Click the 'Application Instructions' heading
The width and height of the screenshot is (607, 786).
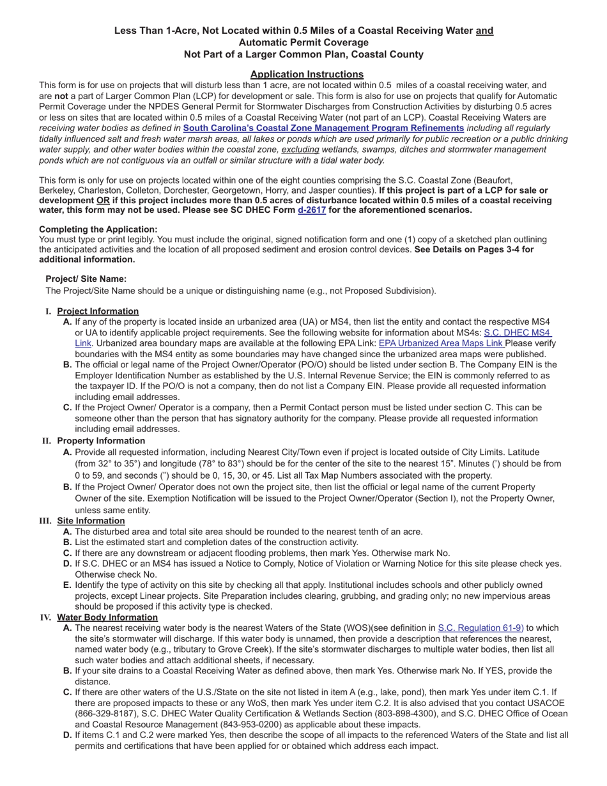[x=307, y=74]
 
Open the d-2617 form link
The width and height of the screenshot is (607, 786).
[x=312, y=210]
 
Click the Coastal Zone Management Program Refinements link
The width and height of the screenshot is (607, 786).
[x=323, y=128]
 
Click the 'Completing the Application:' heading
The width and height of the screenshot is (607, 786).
[x=98, y=229]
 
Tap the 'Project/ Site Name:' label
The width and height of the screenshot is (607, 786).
[x=86, y=279]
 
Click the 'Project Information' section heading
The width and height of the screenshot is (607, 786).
[x=98, y=311]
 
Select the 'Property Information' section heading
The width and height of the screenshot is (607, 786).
[x=101, y=441]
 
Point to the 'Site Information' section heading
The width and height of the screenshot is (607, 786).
[x=91, y=521]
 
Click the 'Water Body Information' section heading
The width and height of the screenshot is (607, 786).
[x=107, y=617]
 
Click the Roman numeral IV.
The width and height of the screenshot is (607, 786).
[x=45, y=617]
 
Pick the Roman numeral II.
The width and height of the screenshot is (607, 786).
[x=46, y=441]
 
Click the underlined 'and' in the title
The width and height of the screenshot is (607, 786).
[x=484, y=31]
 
